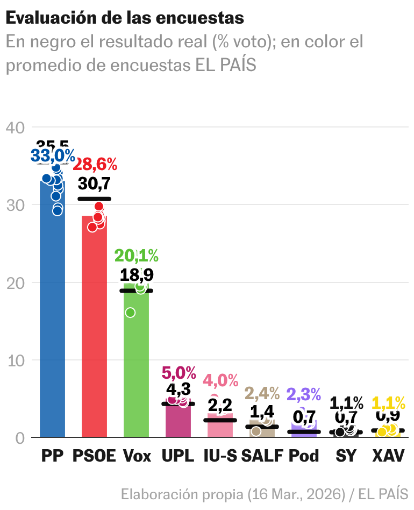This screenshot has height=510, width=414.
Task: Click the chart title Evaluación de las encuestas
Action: (125, 18)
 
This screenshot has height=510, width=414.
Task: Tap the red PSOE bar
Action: (94, 334)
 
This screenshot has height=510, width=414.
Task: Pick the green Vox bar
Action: (136, 366)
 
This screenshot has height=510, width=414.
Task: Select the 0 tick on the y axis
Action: (20, 438)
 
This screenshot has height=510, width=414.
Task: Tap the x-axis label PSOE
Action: (94, 456)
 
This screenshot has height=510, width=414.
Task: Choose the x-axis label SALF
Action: (262, 456)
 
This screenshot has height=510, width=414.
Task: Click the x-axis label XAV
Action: (388, 456)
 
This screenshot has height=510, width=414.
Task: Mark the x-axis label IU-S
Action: (220, 456)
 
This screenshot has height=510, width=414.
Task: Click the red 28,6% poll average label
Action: (95, 165)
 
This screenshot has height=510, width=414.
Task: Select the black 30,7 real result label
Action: (94, 184)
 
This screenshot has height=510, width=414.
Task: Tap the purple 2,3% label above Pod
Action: (304, 394)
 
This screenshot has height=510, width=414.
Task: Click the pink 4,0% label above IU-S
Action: (220, 381)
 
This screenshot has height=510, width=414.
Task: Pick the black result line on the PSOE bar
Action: (94, 199)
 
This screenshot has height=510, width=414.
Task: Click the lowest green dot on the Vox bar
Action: (130, 313)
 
